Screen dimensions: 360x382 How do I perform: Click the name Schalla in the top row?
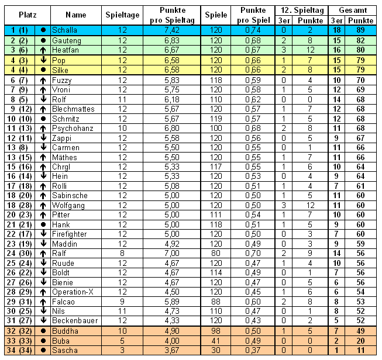point(64,29)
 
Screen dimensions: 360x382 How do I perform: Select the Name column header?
point(75,14)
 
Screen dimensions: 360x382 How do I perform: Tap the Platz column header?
point(27,14)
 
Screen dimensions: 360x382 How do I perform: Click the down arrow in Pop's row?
point(43,60)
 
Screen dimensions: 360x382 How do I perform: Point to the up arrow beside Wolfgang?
point(43,205)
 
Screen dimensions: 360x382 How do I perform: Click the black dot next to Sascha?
point(43,349)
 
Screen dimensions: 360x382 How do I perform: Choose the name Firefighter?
point(69,234)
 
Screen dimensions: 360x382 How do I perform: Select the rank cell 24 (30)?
point(19,253)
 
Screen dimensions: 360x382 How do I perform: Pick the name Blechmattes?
point(73,109)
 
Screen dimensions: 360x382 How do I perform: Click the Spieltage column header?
point(122,14)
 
